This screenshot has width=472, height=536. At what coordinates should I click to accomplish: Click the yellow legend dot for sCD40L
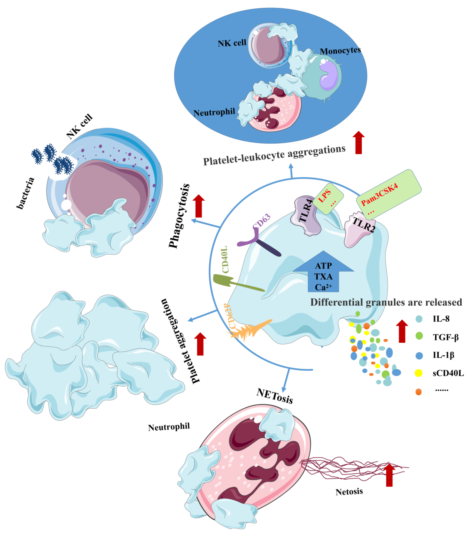click(419, 373)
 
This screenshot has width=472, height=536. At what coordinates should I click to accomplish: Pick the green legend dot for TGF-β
click(419, 336)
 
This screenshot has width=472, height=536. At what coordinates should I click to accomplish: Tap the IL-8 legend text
click(441, 319)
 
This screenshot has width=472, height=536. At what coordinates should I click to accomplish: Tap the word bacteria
click(25, 193)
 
